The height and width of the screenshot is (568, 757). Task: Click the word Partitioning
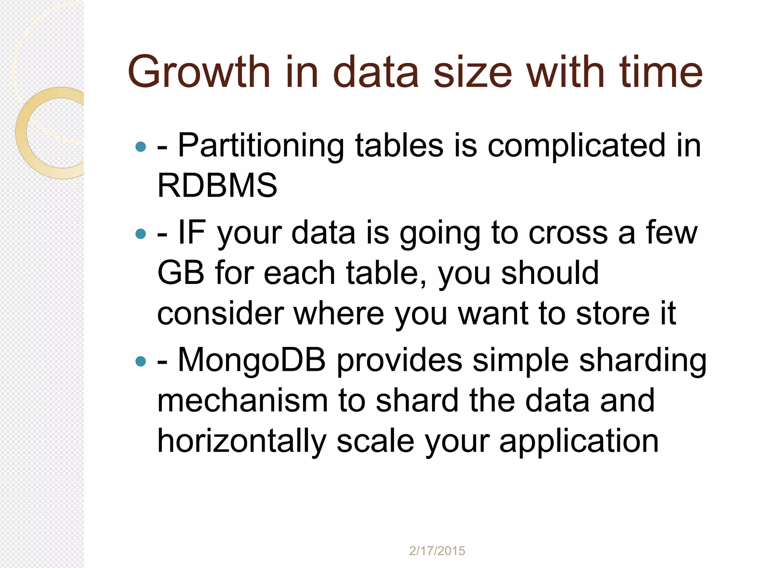(x=261, y=146)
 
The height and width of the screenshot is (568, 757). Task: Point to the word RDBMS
(x=217, y=185)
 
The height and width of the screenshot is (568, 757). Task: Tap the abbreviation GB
(x=181, y=273)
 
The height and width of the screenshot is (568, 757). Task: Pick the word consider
(x=221, y=314)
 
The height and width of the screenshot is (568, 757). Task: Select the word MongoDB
(x=252, y=361)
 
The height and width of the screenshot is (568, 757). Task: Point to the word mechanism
(x=242, y=401)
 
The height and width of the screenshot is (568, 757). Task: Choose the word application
(x=579, y=442)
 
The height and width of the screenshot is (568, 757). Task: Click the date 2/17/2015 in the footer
(x=437, y=551)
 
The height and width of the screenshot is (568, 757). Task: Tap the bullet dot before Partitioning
(x=141, y=147)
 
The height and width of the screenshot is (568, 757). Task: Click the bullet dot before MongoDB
(x=141, y=361)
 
